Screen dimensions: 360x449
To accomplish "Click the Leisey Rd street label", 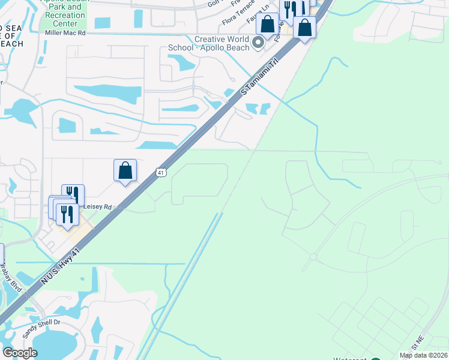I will point(99,207).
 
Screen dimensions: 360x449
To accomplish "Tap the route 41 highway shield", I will point(160,172).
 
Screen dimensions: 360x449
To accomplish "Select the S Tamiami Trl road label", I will point(261,77).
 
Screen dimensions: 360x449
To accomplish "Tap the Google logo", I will point(20,352).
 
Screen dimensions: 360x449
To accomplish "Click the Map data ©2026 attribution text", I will point(423,355).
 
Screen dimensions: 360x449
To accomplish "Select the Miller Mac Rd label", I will point(65,32).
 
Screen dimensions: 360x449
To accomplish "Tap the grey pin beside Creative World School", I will point(259,42).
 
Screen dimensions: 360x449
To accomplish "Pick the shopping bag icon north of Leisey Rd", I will point(125,170).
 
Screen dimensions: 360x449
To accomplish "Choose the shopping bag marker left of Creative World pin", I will point(267,25).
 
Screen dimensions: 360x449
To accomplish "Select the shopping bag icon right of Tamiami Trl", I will point(305,28).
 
